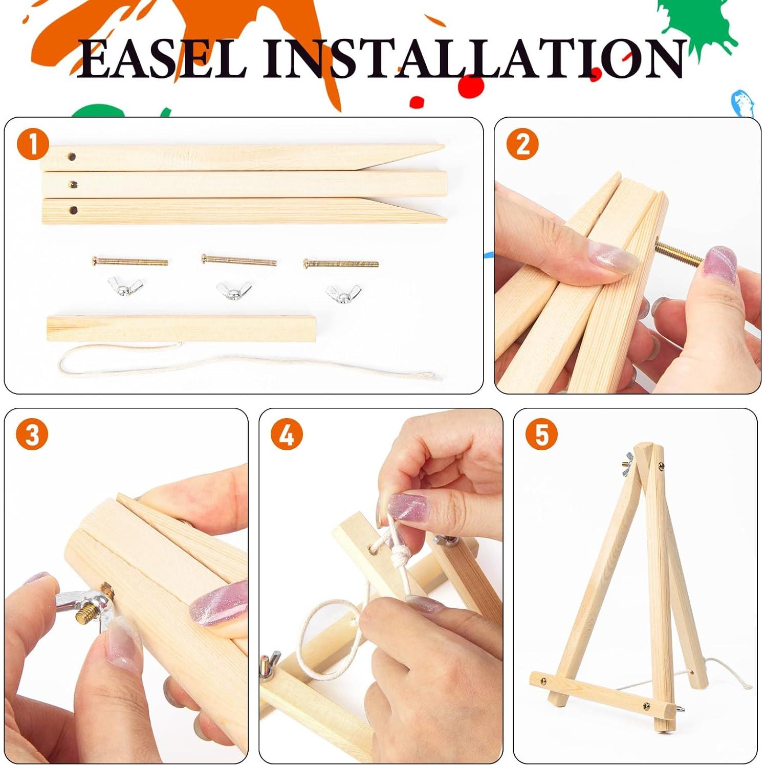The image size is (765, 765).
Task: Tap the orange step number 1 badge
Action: pos(32,144)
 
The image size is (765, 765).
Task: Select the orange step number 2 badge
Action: pos(522,144)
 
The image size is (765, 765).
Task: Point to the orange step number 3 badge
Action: pos(32,434)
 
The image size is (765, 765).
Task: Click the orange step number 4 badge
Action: pos(287,434)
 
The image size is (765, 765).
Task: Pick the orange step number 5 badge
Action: pos(541,434)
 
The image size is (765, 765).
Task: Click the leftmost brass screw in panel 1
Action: pos(130,261)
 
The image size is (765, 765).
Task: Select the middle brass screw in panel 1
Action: pos(239,260)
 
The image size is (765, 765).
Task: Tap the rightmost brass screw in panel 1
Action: pos(341,264)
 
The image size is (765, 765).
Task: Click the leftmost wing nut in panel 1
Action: pos(125,286)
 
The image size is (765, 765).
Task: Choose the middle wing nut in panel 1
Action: pos(233,290)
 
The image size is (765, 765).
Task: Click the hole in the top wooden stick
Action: pos(72,156)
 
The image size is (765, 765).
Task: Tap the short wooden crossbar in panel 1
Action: pos(181,329)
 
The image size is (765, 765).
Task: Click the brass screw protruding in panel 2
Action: pos(679,254)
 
